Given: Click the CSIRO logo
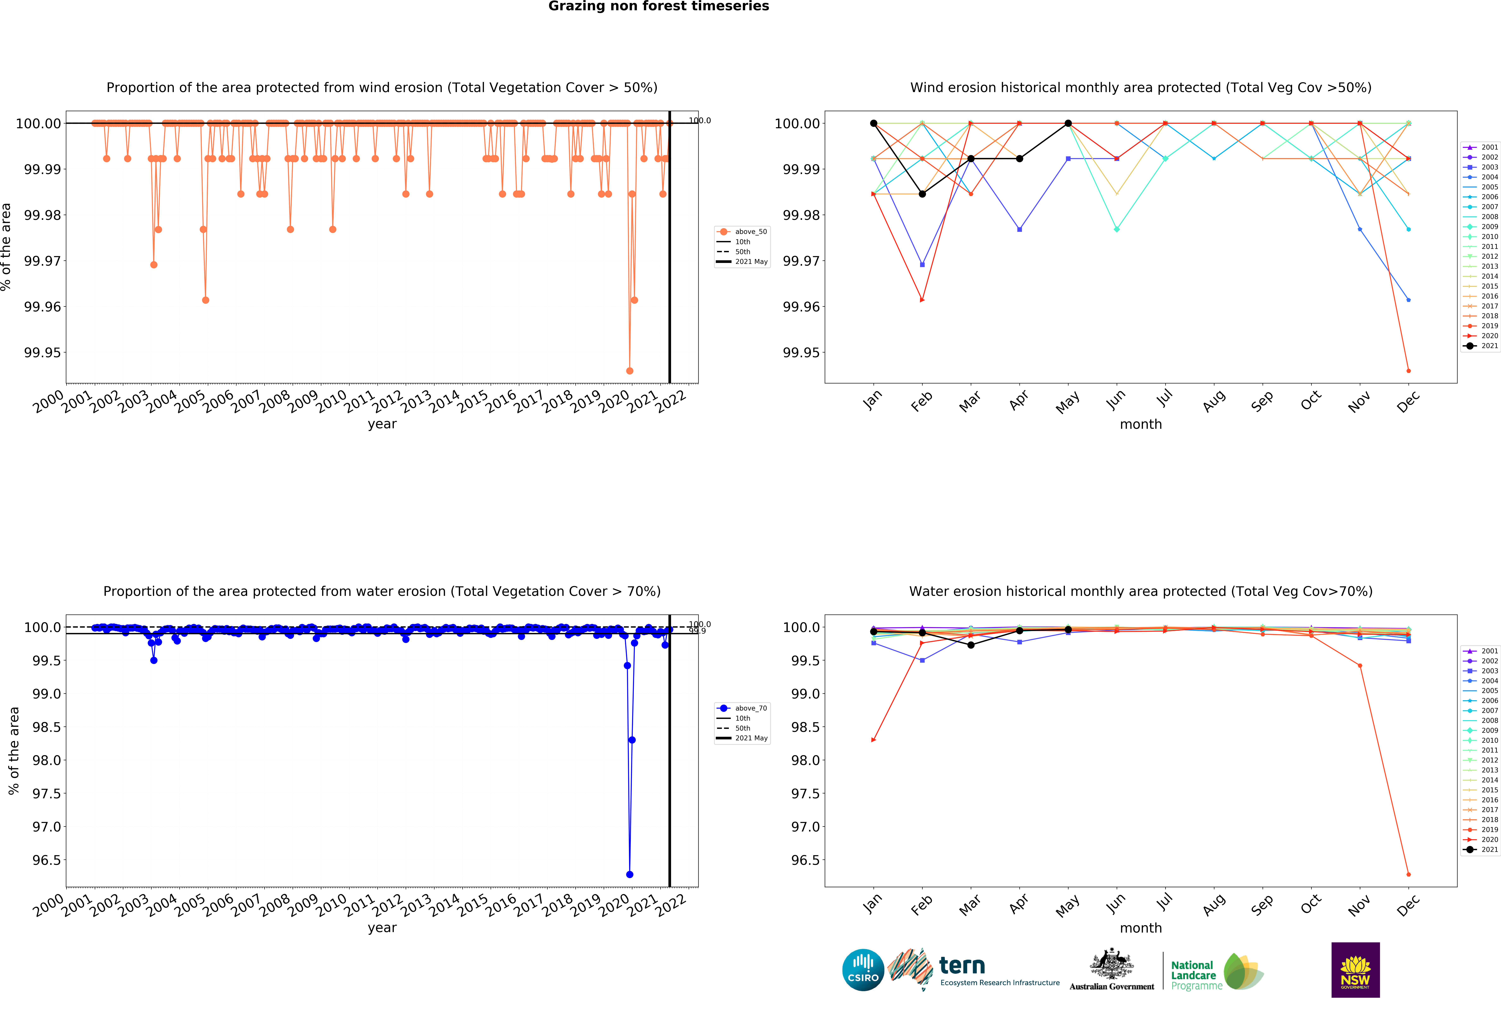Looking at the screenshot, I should pyautogui.click(x=863, y=970).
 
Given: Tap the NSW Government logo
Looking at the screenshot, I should pyautogui.click(x=1355, y=970).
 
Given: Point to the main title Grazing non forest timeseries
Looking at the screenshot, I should pyautogui.click(x=658, y=6).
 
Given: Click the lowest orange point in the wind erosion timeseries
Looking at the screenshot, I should pyautogui.click(x=629, y=371).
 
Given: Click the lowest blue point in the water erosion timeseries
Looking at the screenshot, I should pyautogui.click(x=629, y=874).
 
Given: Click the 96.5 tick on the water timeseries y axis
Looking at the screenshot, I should pyautogui.click(x=46, y=860).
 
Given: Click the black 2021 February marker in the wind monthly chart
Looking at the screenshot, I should pyautogui.click(x=922, y=194).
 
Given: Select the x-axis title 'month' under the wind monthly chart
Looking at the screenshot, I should pyautogui.click(x=1141, y=424).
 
